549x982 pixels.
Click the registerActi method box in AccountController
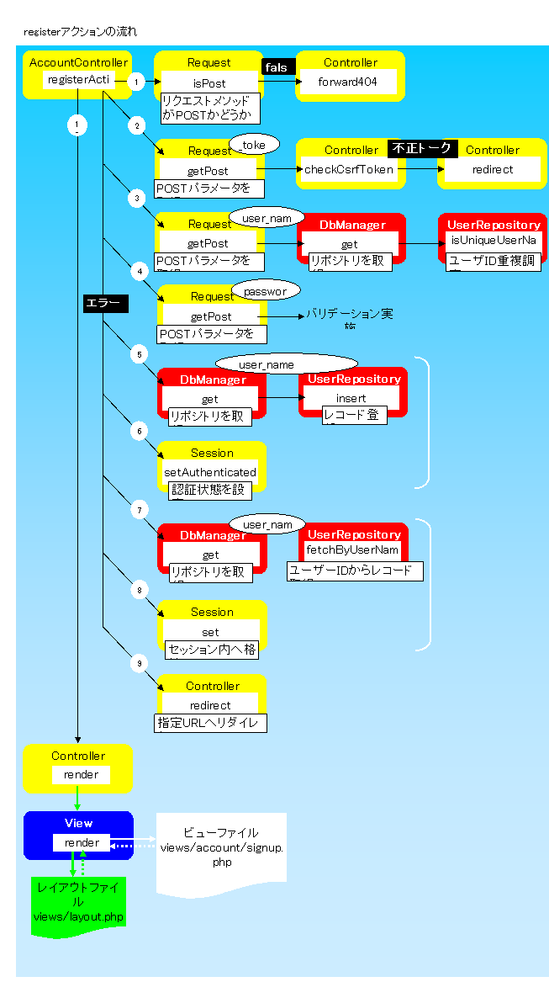77,81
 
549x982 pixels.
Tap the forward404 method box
348,82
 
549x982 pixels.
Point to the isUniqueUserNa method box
493,241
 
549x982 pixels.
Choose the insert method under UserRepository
351,398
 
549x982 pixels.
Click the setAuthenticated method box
210,472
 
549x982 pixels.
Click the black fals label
276,67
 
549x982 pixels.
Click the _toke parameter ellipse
253,145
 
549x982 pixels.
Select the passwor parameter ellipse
265,291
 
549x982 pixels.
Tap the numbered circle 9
139,663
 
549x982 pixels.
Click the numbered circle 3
137,199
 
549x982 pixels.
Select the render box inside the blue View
82,842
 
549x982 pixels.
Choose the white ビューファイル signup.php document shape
221,852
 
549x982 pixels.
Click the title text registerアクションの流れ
81,32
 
